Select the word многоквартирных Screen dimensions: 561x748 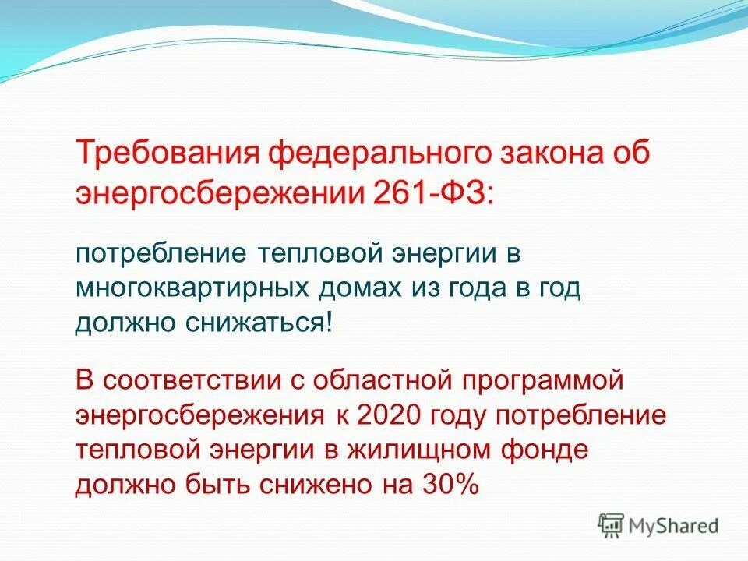[191, 288]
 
